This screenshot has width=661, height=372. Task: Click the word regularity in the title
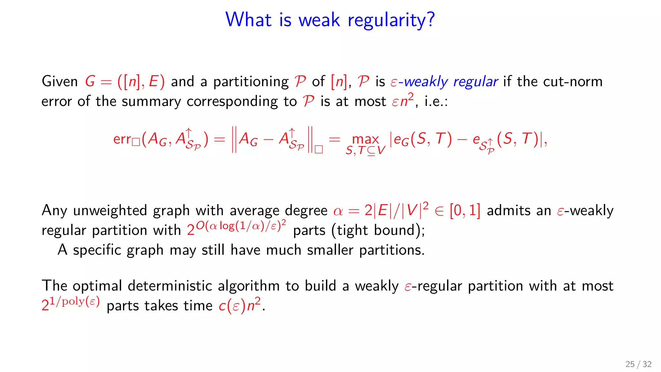point(391,20)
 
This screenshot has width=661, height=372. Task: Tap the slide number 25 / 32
point(638,364)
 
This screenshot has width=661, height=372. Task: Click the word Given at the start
point(60,81)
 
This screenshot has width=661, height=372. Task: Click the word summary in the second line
point(151,102)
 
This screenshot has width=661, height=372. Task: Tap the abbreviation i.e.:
point(436,102)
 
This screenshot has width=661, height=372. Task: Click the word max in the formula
point(365,139)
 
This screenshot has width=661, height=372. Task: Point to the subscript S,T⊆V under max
point(365,150)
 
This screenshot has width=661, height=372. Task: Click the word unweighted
point(110,211)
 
